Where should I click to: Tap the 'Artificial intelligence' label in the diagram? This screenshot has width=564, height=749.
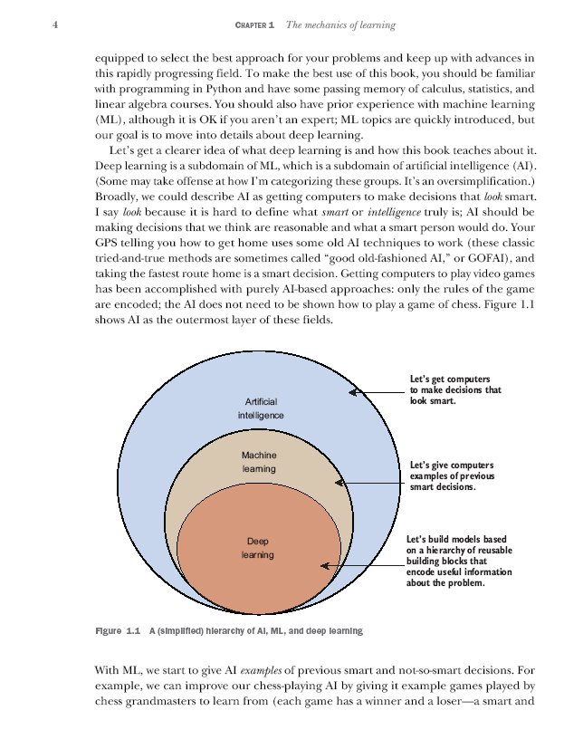click(261, 408)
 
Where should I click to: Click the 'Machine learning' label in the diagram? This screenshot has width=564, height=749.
click(259, 462)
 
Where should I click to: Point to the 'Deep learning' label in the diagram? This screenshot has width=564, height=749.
click(257, 548)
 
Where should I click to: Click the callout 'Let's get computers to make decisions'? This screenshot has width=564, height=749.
click(454, 389)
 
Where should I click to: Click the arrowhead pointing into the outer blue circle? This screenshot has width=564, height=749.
click(356, 392)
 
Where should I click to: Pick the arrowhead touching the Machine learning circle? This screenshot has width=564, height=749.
click(340, 483)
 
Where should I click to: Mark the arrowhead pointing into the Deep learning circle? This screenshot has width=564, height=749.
click(325, 566)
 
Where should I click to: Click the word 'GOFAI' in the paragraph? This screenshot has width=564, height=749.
click(464, 258)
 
